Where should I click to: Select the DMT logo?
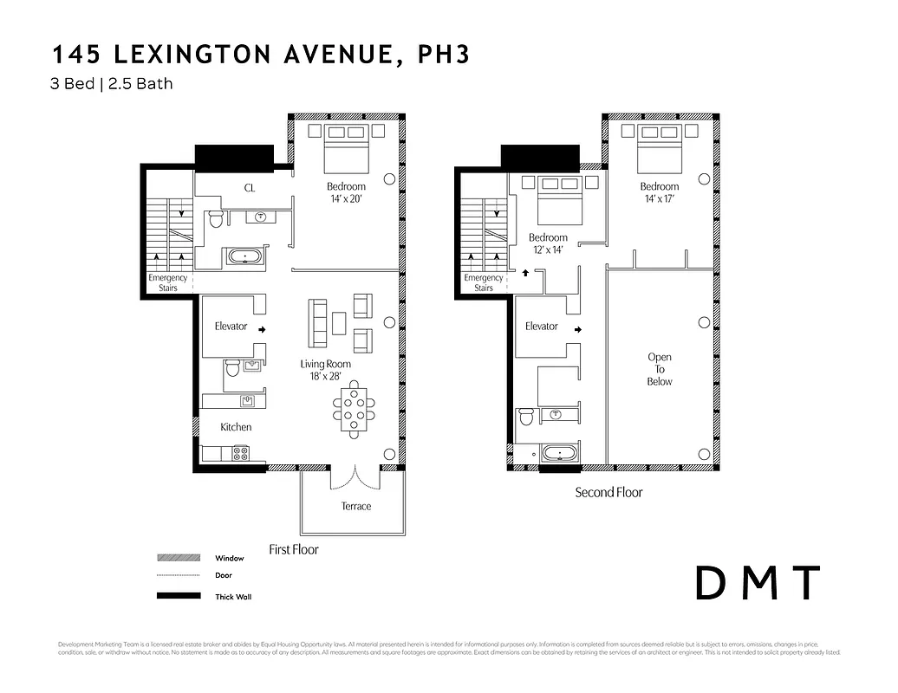pyautogui.click(x=757, y=583)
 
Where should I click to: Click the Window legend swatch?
pyautogui.click(x=179, y=558)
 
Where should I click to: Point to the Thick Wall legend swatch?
pyautogui.click(x=179, y=596)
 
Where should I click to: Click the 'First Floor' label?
pyautogui.click(x=293, y=549)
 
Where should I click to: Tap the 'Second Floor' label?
pyautogui.click(x=608, y=492)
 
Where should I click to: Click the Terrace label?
pyautogui.click(x=355, y=506)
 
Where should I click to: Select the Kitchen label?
pyautogui.click(x=236, y=427)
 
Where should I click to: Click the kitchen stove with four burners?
pyautogui.click(x=240, y=453)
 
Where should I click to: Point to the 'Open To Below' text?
pyautogui.click(x=659, y=369)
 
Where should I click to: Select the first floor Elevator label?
pyautogui.click(x=231, y=327)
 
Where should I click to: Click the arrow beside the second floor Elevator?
pyautogui.click(x=578, y=329)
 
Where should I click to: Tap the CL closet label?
pyautogui.click(x=249, y=188)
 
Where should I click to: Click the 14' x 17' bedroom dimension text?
pyautogui.click(x=659, y=198)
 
